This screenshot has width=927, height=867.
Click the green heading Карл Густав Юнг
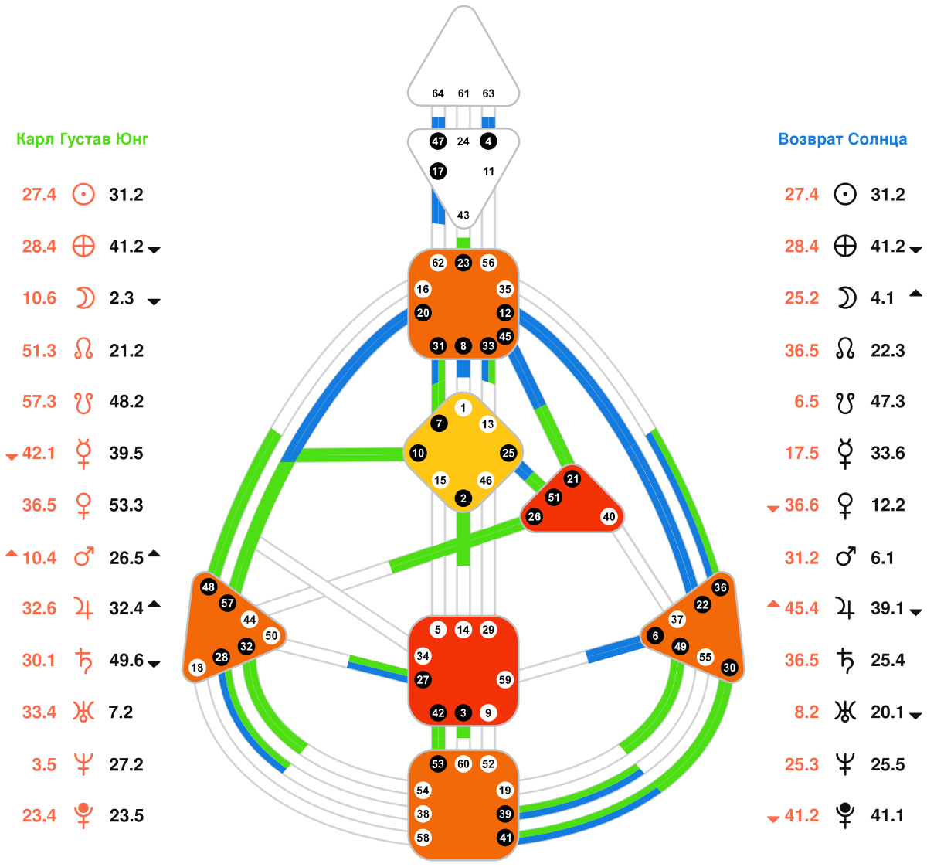coord(83,140)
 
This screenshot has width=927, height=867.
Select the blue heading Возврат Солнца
coord(842,140)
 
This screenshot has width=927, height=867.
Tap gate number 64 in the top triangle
coord(438,93)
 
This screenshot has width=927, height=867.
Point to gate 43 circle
coord(463,215)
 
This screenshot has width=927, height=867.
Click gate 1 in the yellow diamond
coord(463,408)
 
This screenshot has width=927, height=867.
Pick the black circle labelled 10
coord(418,453)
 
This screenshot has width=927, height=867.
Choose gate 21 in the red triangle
coord(572,479)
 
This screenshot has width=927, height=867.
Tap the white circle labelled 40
coord(610,517)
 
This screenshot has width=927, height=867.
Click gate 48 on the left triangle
coord(209,587)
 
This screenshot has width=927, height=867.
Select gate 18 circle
coord(197,668)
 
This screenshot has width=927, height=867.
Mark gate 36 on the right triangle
coord(721,587)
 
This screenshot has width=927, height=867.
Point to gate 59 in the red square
coord(504,680)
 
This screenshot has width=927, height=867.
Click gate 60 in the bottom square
coord(463,764)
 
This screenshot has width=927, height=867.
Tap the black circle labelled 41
coord(505,837)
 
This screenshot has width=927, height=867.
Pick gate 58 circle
coord(423,837)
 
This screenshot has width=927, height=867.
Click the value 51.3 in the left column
coord(39,351)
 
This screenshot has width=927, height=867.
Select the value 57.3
coord(39,402)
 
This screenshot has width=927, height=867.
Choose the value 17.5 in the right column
coord(802,454)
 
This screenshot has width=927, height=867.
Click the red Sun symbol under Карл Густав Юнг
coord(83,194)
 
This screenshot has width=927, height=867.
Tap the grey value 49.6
coord(126,661)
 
